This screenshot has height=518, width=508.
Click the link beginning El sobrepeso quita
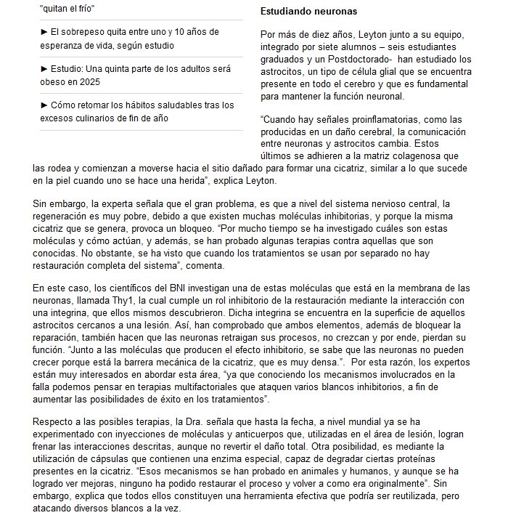pyautogui.click(x=137, y=31)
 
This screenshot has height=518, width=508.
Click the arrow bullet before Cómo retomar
pyautogui.click(x=44, y=105)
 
